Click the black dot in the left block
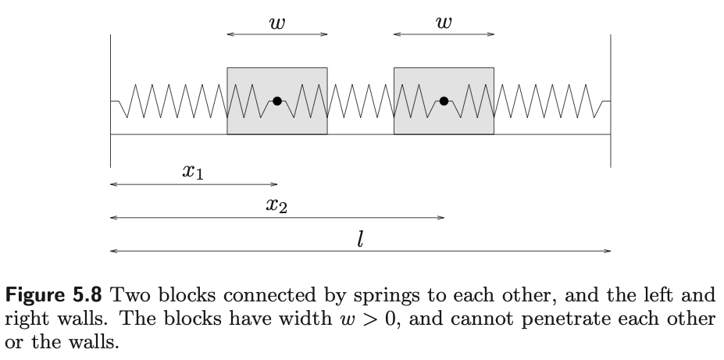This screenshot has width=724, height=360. (277, 101)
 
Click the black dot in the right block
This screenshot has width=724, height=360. (444, 101)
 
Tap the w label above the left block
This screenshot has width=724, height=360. (276, 23)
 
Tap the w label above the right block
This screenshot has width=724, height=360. (444, 23)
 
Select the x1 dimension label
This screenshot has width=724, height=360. (193, 172)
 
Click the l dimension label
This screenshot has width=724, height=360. (359, 240)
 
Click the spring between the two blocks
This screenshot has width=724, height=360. (360, 102)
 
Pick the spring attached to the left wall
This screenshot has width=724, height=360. (169, 102)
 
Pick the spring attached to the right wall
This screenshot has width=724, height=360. (551, 102)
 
